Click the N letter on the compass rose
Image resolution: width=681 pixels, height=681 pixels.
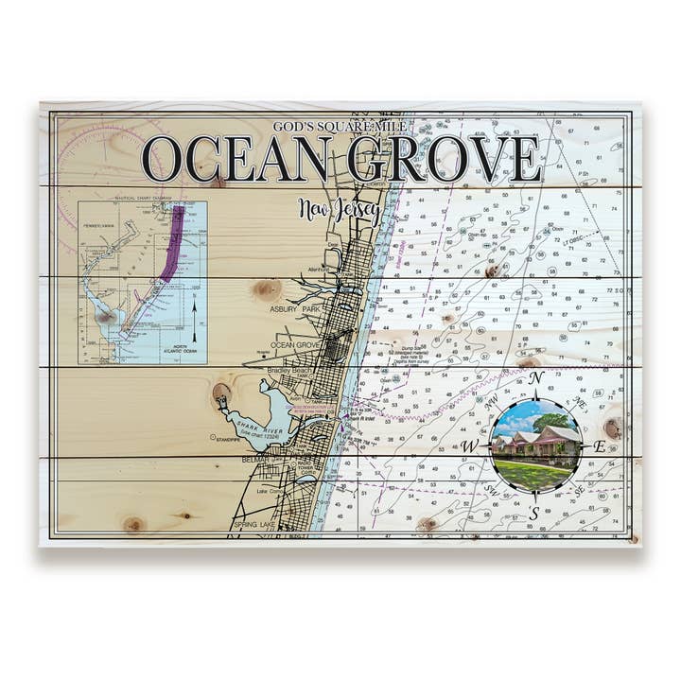536,379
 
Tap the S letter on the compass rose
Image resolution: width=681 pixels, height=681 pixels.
534,513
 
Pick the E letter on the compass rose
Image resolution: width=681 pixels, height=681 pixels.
599,446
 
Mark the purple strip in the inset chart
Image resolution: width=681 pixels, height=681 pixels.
172,246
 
